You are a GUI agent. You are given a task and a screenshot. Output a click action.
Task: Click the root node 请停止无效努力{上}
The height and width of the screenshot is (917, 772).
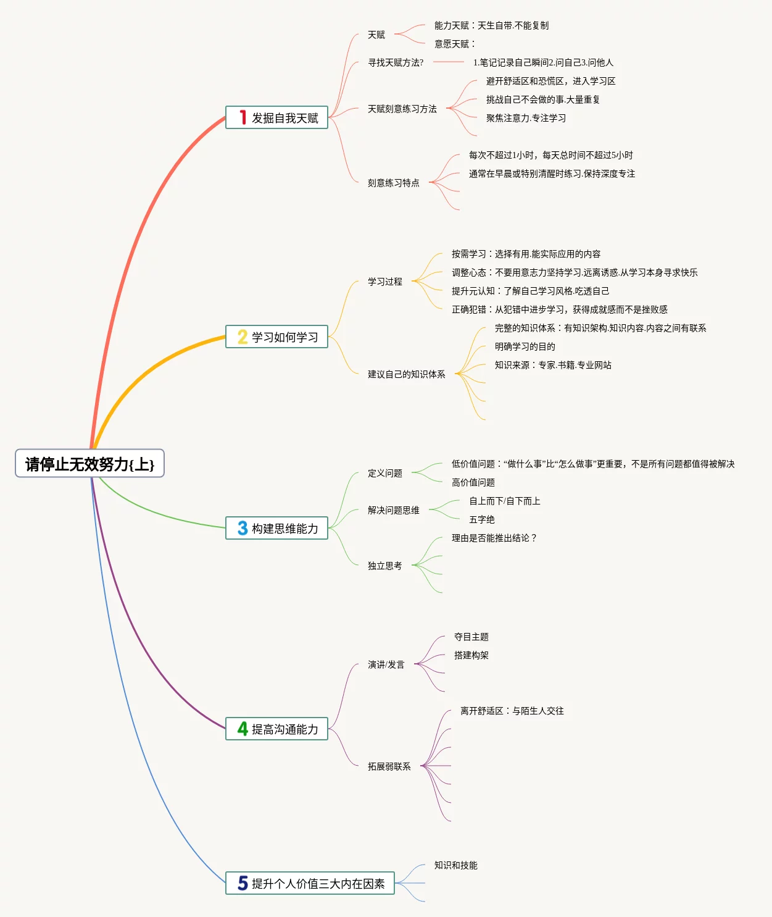tap(89, 464)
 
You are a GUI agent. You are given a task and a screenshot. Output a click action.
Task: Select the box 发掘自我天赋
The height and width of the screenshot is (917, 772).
tap(276, 118)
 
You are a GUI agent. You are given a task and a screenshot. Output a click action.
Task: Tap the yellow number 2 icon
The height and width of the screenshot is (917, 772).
tap(243, 337)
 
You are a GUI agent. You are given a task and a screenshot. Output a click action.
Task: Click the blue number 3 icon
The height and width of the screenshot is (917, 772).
tap(243, 529)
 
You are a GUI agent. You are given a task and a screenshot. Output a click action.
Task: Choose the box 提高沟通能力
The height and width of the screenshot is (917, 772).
tap(276, 729)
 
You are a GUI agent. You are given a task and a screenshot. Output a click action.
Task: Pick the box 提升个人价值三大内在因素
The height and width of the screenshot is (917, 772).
tap(310, 884)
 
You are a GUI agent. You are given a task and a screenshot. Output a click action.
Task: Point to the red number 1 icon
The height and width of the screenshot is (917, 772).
tap(243, 118)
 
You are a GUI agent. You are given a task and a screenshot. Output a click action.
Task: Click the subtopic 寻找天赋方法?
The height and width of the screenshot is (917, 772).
tap(396, 62)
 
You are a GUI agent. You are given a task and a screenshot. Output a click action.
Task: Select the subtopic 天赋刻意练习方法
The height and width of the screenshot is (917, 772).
tap(402, 109)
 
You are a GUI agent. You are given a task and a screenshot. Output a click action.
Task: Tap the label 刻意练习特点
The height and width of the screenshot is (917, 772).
tap(393, 183)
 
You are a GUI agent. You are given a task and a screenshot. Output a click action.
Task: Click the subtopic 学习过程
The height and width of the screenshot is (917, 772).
tap(384, 282)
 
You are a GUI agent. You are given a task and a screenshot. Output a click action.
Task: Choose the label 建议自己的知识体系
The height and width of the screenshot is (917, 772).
tap(406, 374)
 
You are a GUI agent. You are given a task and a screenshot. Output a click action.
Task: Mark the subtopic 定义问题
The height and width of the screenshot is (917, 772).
tap(384, 473)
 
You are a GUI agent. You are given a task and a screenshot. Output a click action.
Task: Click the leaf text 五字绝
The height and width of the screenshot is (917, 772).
tap(481, 519)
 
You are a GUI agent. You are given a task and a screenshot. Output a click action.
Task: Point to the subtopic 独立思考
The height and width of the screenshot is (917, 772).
tap(384, 566)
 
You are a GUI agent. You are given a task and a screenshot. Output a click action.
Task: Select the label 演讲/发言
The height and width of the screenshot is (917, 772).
tap(386, 664)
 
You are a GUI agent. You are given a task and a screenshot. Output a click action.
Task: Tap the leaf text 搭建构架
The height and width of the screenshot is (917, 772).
tap(471, 655)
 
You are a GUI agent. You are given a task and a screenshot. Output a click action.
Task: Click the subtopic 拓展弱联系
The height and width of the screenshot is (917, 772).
tap(389, 766)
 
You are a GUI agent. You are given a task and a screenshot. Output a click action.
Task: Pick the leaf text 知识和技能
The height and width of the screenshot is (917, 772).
tap(455, 865)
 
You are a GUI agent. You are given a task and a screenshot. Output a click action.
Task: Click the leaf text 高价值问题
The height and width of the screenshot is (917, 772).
tap(473, 482)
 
